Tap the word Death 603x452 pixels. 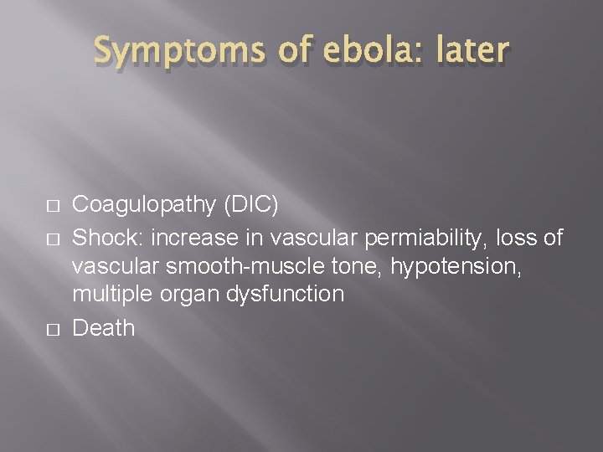click(103, 326)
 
